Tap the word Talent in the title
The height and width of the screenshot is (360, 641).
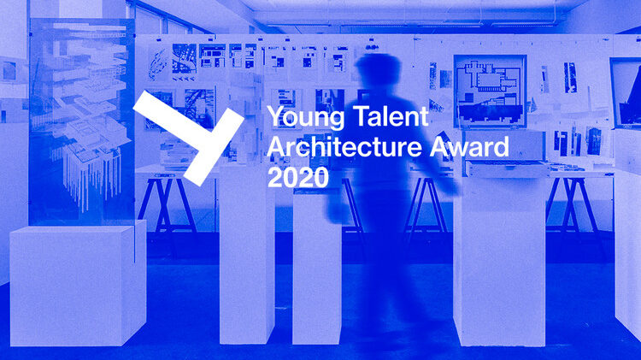(391, 115)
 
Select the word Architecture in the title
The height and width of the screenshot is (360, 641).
(344, 147)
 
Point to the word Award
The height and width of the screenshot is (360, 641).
(469, 147)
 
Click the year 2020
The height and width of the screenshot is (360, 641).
(298, 178)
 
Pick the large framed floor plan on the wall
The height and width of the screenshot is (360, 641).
(490, 91)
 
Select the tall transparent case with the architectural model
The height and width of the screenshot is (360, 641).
(82, 122)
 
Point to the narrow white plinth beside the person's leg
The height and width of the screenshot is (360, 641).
(317, 267)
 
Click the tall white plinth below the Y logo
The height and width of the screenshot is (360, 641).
(247, 254)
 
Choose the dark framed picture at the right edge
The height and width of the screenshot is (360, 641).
(626, 93)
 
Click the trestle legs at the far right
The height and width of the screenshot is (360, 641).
(573, 207)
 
